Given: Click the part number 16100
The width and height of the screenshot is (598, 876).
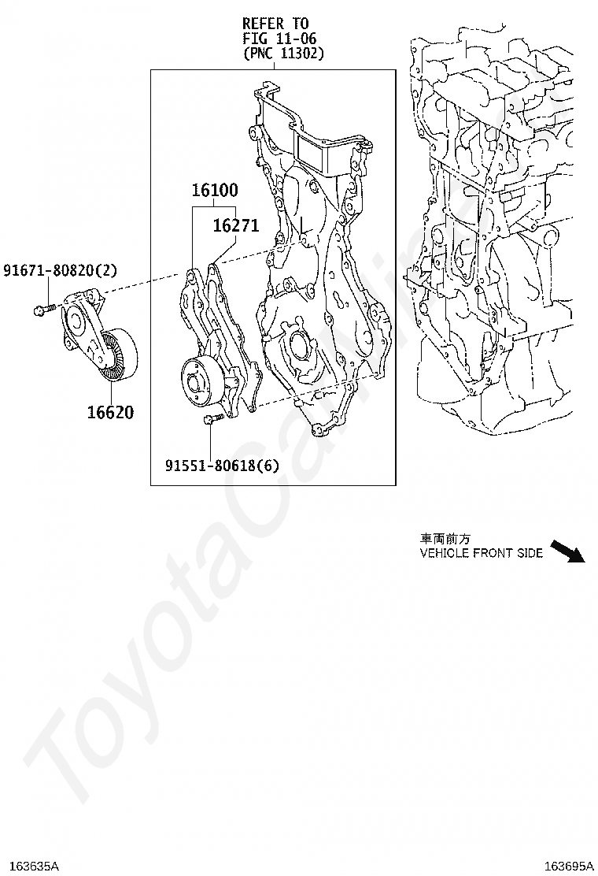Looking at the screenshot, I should [x=215, y=191].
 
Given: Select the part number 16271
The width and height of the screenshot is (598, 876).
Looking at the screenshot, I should [x=235, y=226].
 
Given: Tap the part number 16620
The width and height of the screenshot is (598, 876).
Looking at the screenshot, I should [x=110, y=411].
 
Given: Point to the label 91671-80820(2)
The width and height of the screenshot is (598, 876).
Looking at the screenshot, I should [x=60, y=271].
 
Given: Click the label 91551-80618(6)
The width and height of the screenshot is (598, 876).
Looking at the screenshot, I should [x=222, y=466].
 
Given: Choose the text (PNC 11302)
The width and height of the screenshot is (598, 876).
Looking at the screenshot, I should [x=282, y=54].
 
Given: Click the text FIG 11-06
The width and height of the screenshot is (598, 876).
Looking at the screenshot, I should [x=279, y=39].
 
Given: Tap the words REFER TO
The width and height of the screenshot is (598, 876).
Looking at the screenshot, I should [x=275, y=24].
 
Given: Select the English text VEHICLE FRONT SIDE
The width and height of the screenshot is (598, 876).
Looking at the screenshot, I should [x=481, y=553].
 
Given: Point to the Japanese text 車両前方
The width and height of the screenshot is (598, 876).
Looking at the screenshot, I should [x=445, y=539].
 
